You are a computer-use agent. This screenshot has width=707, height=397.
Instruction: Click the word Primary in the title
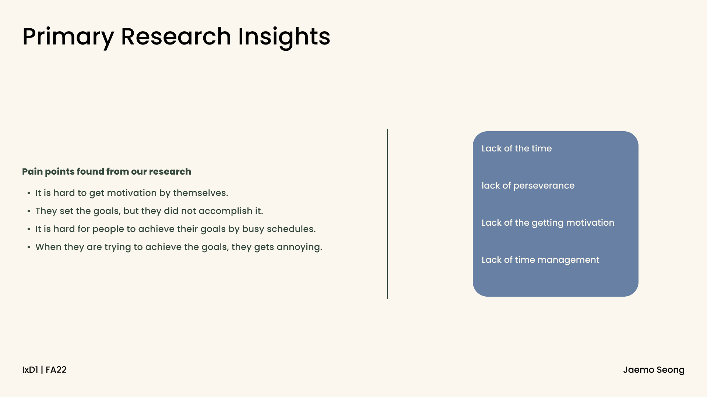(68, 37)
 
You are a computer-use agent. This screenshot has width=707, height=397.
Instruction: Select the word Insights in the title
(284, 37)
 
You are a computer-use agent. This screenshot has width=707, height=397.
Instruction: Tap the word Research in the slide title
(176, 36)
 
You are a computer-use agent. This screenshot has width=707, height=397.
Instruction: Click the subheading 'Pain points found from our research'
(107, 172)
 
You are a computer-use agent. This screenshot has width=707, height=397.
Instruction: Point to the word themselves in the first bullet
(200, 193)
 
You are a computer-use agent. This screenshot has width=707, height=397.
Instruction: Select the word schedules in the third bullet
(291, 229)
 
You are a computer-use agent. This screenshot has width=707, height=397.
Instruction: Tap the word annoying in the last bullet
(299, 247)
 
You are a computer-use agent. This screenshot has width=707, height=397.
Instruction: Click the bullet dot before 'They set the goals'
(29, 211)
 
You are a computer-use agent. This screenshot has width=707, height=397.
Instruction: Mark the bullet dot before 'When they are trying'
(29, 247)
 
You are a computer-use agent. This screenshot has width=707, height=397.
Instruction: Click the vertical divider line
(387, 214)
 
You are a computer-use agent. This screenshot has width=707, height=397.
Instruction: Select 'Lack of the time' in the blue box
(517, 149)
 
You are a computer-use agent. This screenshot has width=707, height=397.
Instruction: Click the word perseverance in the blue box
(544, 186)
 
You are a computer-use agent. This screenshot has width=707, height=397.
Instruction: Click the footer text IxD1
(30, 370)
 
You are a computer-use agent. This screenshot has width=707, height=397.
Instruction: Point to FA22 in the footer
(56, 370)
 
